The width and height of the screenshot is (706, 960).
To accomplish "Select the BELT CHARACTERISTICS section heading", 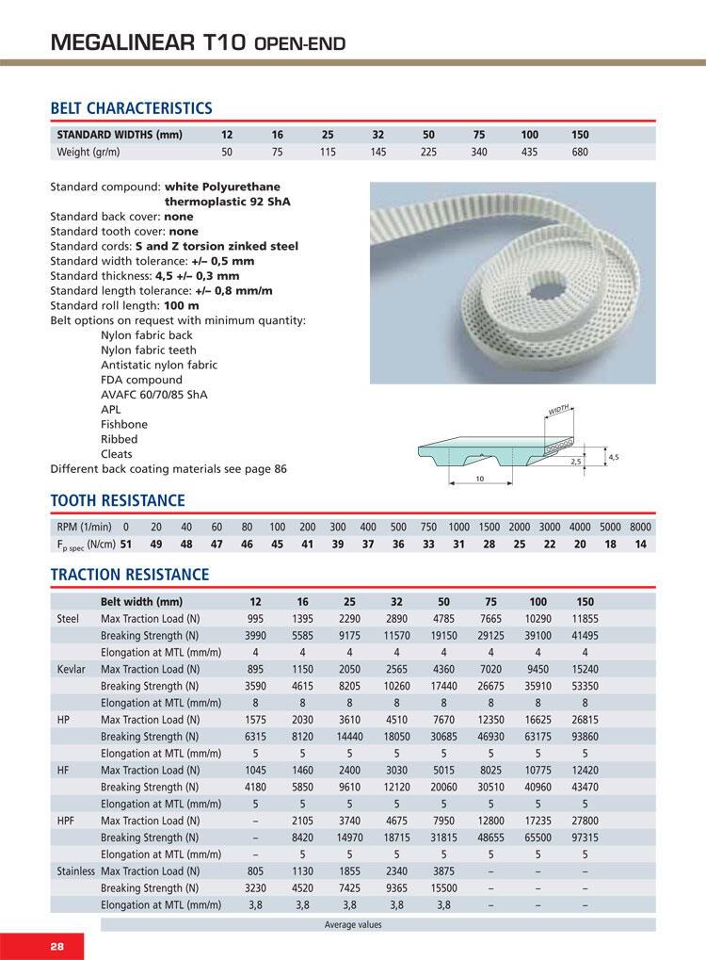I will pyautogui.click(x=131, y=108).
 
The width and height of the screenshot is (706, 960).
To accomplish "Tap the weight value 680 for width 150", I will pyautogui.click(x=580, y=152).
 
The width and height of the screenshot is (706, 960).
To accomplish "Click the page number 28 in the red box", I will pyautogui.click(x=30, y=946).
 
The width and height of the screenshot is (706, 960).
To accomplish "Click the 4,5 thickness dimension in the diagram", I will pyautogui.click(x=614, y=457).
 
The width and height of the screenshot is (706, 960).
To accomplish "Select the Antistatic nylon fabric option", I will pyautogui.click(x=158, y=365).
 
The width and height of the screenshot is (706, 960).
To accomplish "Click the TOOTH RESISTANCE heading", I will pyautogui.click(x=117, y=499).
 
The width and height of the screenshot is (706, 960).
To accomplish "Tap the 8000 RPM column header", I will pyautogui.click(x=640, y=527).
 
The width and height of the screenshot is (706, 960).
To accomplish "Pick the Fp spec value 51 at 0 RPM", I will pyautogui.click(x=126, y=545).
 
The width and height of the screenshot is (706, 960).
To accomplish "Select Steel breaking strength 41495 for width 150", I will pyautogui.click(x=585, y=634).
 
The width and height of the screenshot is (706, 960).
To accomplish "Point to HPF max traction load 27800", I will pyautogui.click(x=585, y=821).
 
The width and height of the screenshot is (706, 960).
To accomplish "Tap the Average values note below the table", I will pyautogui.click(x=353, y=924).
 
